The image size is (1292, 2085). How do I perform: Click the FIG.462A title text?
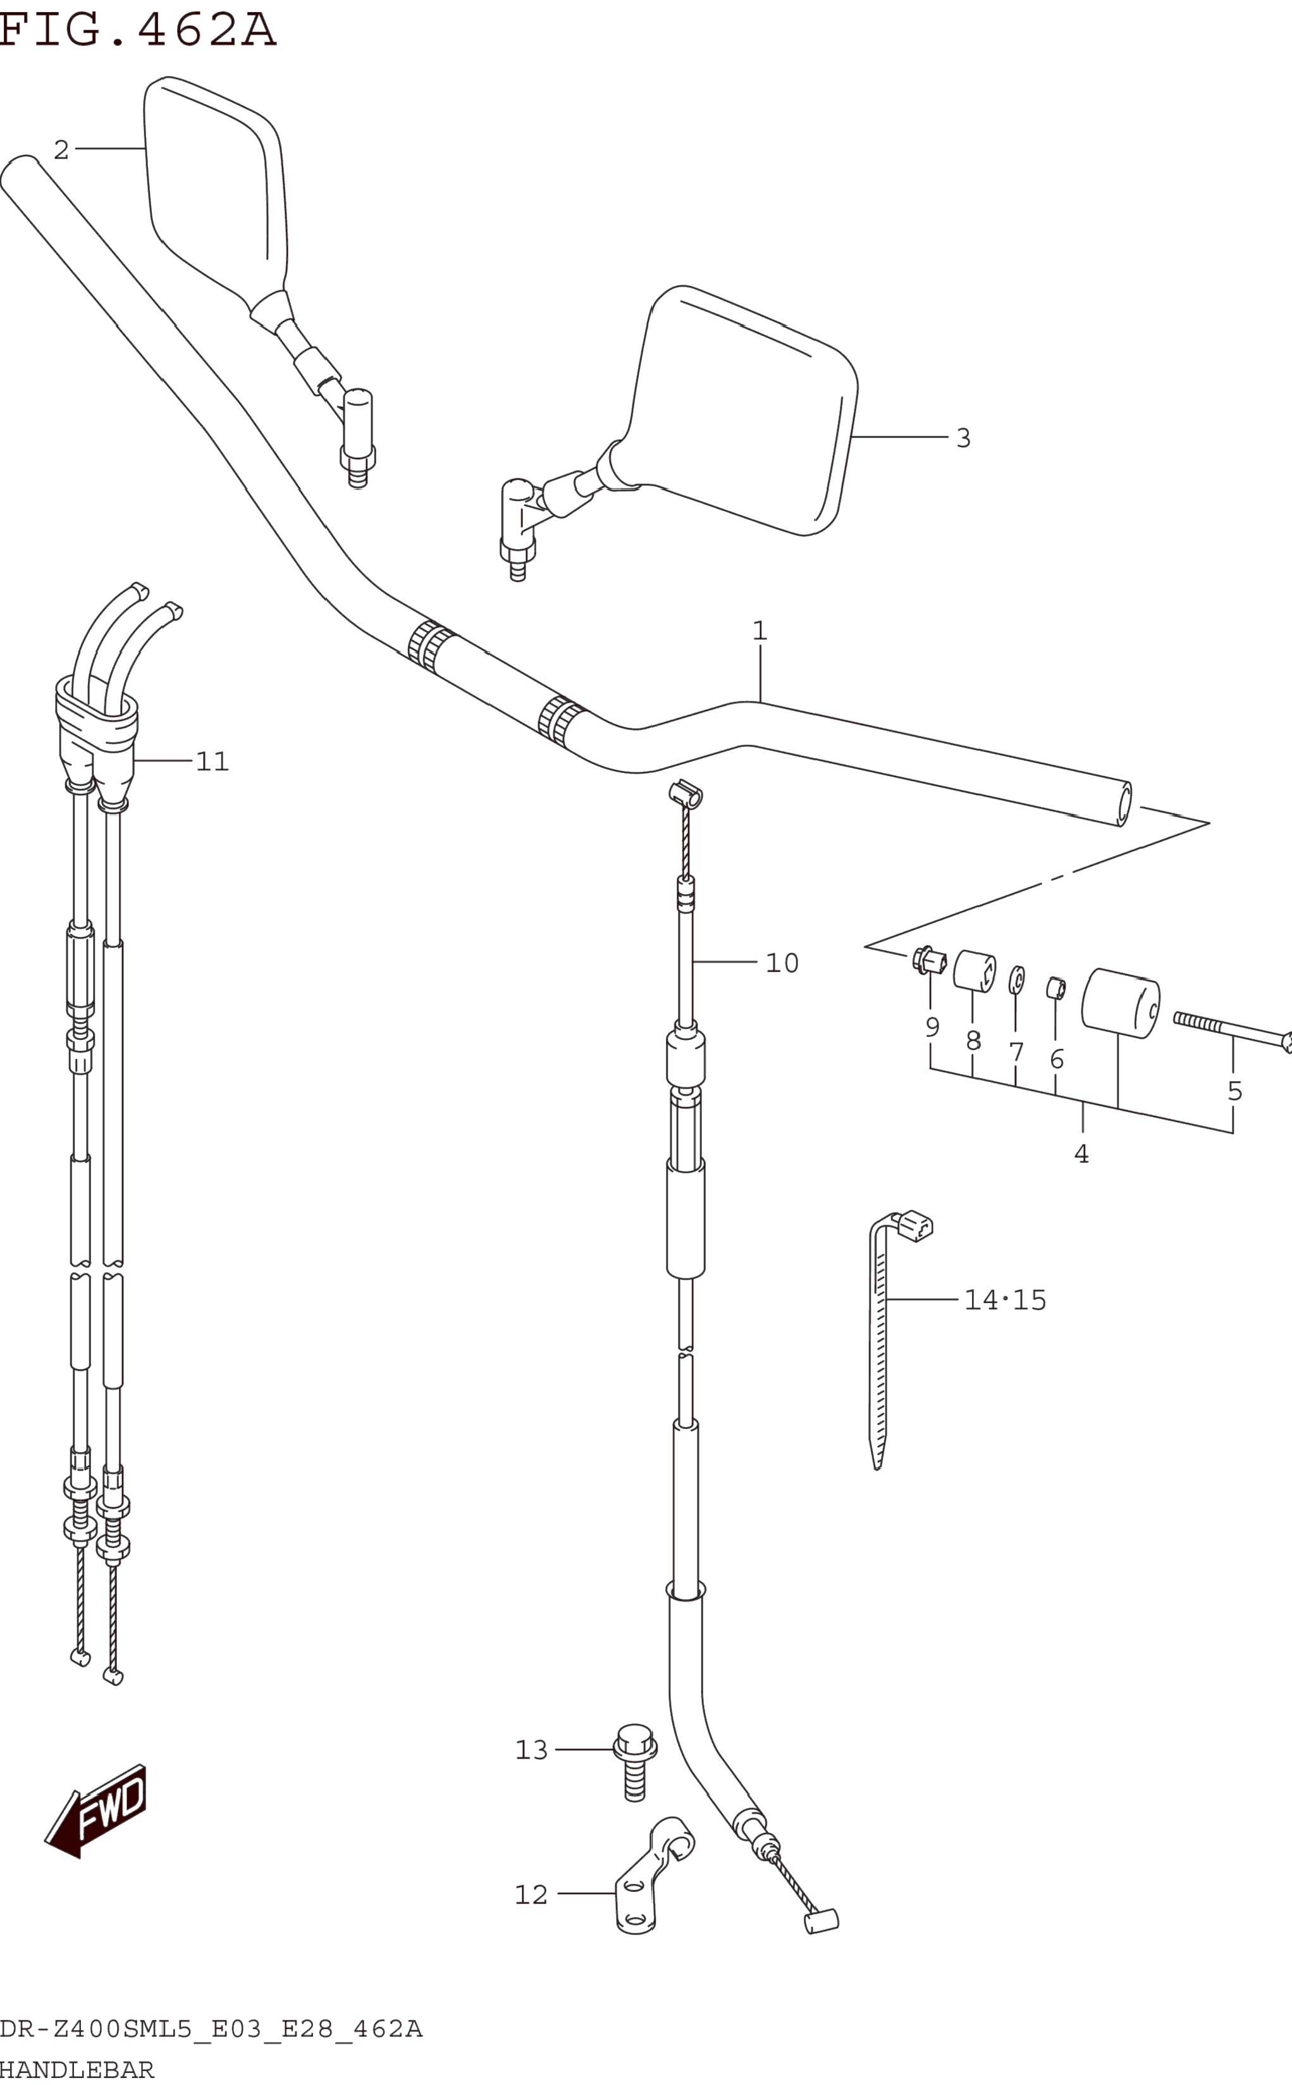click(x=137, y=30)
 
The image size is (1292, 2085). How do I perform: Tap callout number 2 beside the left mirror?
click(x=61, y=151)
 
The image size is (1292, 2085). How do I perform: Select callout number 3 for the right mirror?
click(x=963, y=438)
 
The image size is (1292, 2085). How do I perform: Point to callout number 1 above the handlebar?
click(x=760, y=631)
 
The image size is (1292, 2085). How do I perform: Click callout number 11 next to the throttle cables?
click(x=212, y=762)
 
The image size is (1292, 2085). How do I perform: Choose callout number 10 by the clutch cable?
click(x=782, y=963)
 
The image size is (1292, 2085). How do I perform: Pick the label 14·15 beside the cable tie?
click(x=1005, y=1300)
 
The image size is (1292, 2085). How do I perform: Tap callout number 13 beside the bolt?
click(x=531, y=1750)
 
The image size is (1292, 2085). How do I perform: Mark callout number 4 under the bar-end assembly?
click(x=1081, y=1154)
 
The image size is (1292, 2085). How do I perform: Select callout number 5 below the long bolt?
click(x=1234, y=1091)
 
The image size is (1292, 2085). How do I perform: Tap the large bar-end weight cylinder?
click(x=1120, y=1003)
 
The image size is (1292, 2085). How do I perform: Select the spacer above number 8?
click(x=974, y=972)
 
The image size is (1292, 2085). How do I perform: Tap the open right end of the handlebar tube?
click(x=1124, y=804)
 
